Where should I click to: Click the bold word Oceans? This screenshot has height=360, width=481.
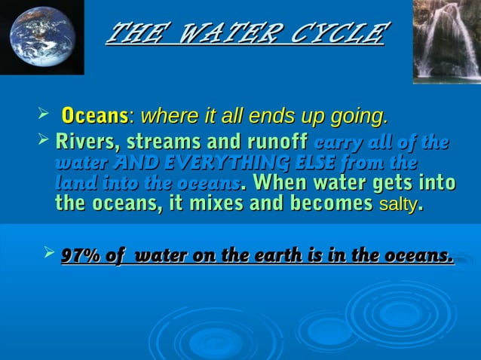point(94,117)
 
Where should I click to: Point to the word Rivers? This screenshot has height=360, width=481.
point(81,142)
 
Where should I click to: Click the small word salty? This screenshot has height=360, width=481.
point(397,203)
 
